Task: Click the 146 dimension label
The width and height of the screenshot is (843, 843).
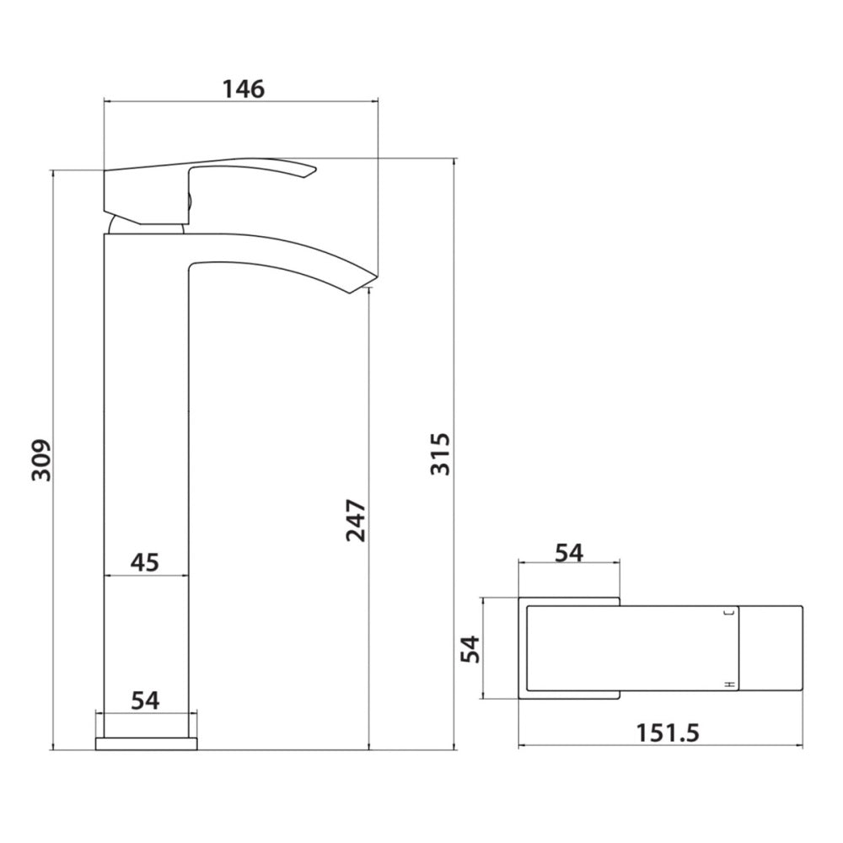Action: (244, 89)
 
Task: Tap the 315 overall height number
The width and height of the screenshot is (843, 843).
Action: (440, 454)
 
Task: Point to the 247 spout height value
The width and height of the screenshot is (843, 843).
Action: (356, 520)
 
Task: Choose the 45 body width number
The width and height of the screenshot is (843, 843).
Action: (145, 562)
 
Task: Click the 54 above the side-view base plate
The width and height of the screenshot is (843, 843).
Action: (146, 701)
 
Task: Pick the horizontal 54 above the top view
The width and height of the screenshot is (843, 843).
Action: (569, 553)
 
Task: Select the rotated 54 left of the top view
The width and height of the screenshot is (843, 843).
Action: (471, 649)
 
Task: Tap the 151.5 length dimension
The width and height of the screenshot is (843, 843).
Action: (668, 733)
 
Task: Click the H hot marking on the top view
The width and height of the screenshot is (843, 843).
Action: (730, 684)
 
